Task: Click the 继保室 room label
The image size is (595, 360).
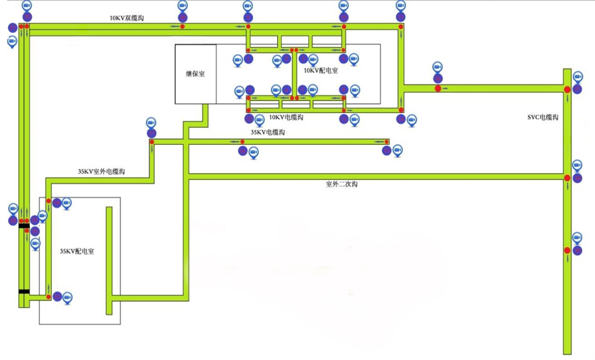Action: pos(195,74)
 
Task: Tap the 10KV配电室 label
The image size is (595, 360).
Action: pos(321,70)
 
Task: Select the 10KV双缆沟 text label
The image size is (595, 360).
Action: pos(128,18)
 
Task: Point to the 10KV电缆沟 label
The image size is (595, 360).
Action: pos(286,118)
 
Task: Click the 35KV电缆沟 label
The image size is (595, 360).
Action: pos(268,132)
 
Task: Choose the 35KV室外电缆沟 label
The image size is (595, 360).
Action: pos(101,172)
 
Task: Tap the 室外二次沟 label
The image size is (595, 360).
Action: pos(341,184)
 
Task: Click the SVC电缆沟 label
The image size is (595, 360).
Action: pos(543,117)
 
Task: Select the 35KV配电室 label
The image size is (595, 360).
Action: pos(76,251)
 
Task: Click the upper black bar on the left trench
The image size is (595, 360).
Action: pos(24,227)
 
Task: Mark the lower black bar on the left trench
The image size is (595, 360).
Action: pos(24,292)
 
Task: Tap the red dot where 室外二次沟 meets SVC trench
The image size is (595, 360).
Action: pos(567,177)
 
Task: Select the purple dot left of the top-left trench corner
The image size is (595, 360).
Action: pos(12,27)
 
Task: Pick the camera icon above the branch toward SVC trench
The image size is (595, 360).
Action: pos(437,68)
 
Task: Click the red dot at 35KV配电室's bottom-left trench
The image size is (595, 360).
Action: pos(49,297)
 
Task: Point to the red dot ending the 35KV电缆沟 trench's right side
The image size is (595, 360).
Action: pos(387,141)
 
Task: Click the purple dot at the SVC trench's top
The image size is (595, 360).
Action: pos(577,89)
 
